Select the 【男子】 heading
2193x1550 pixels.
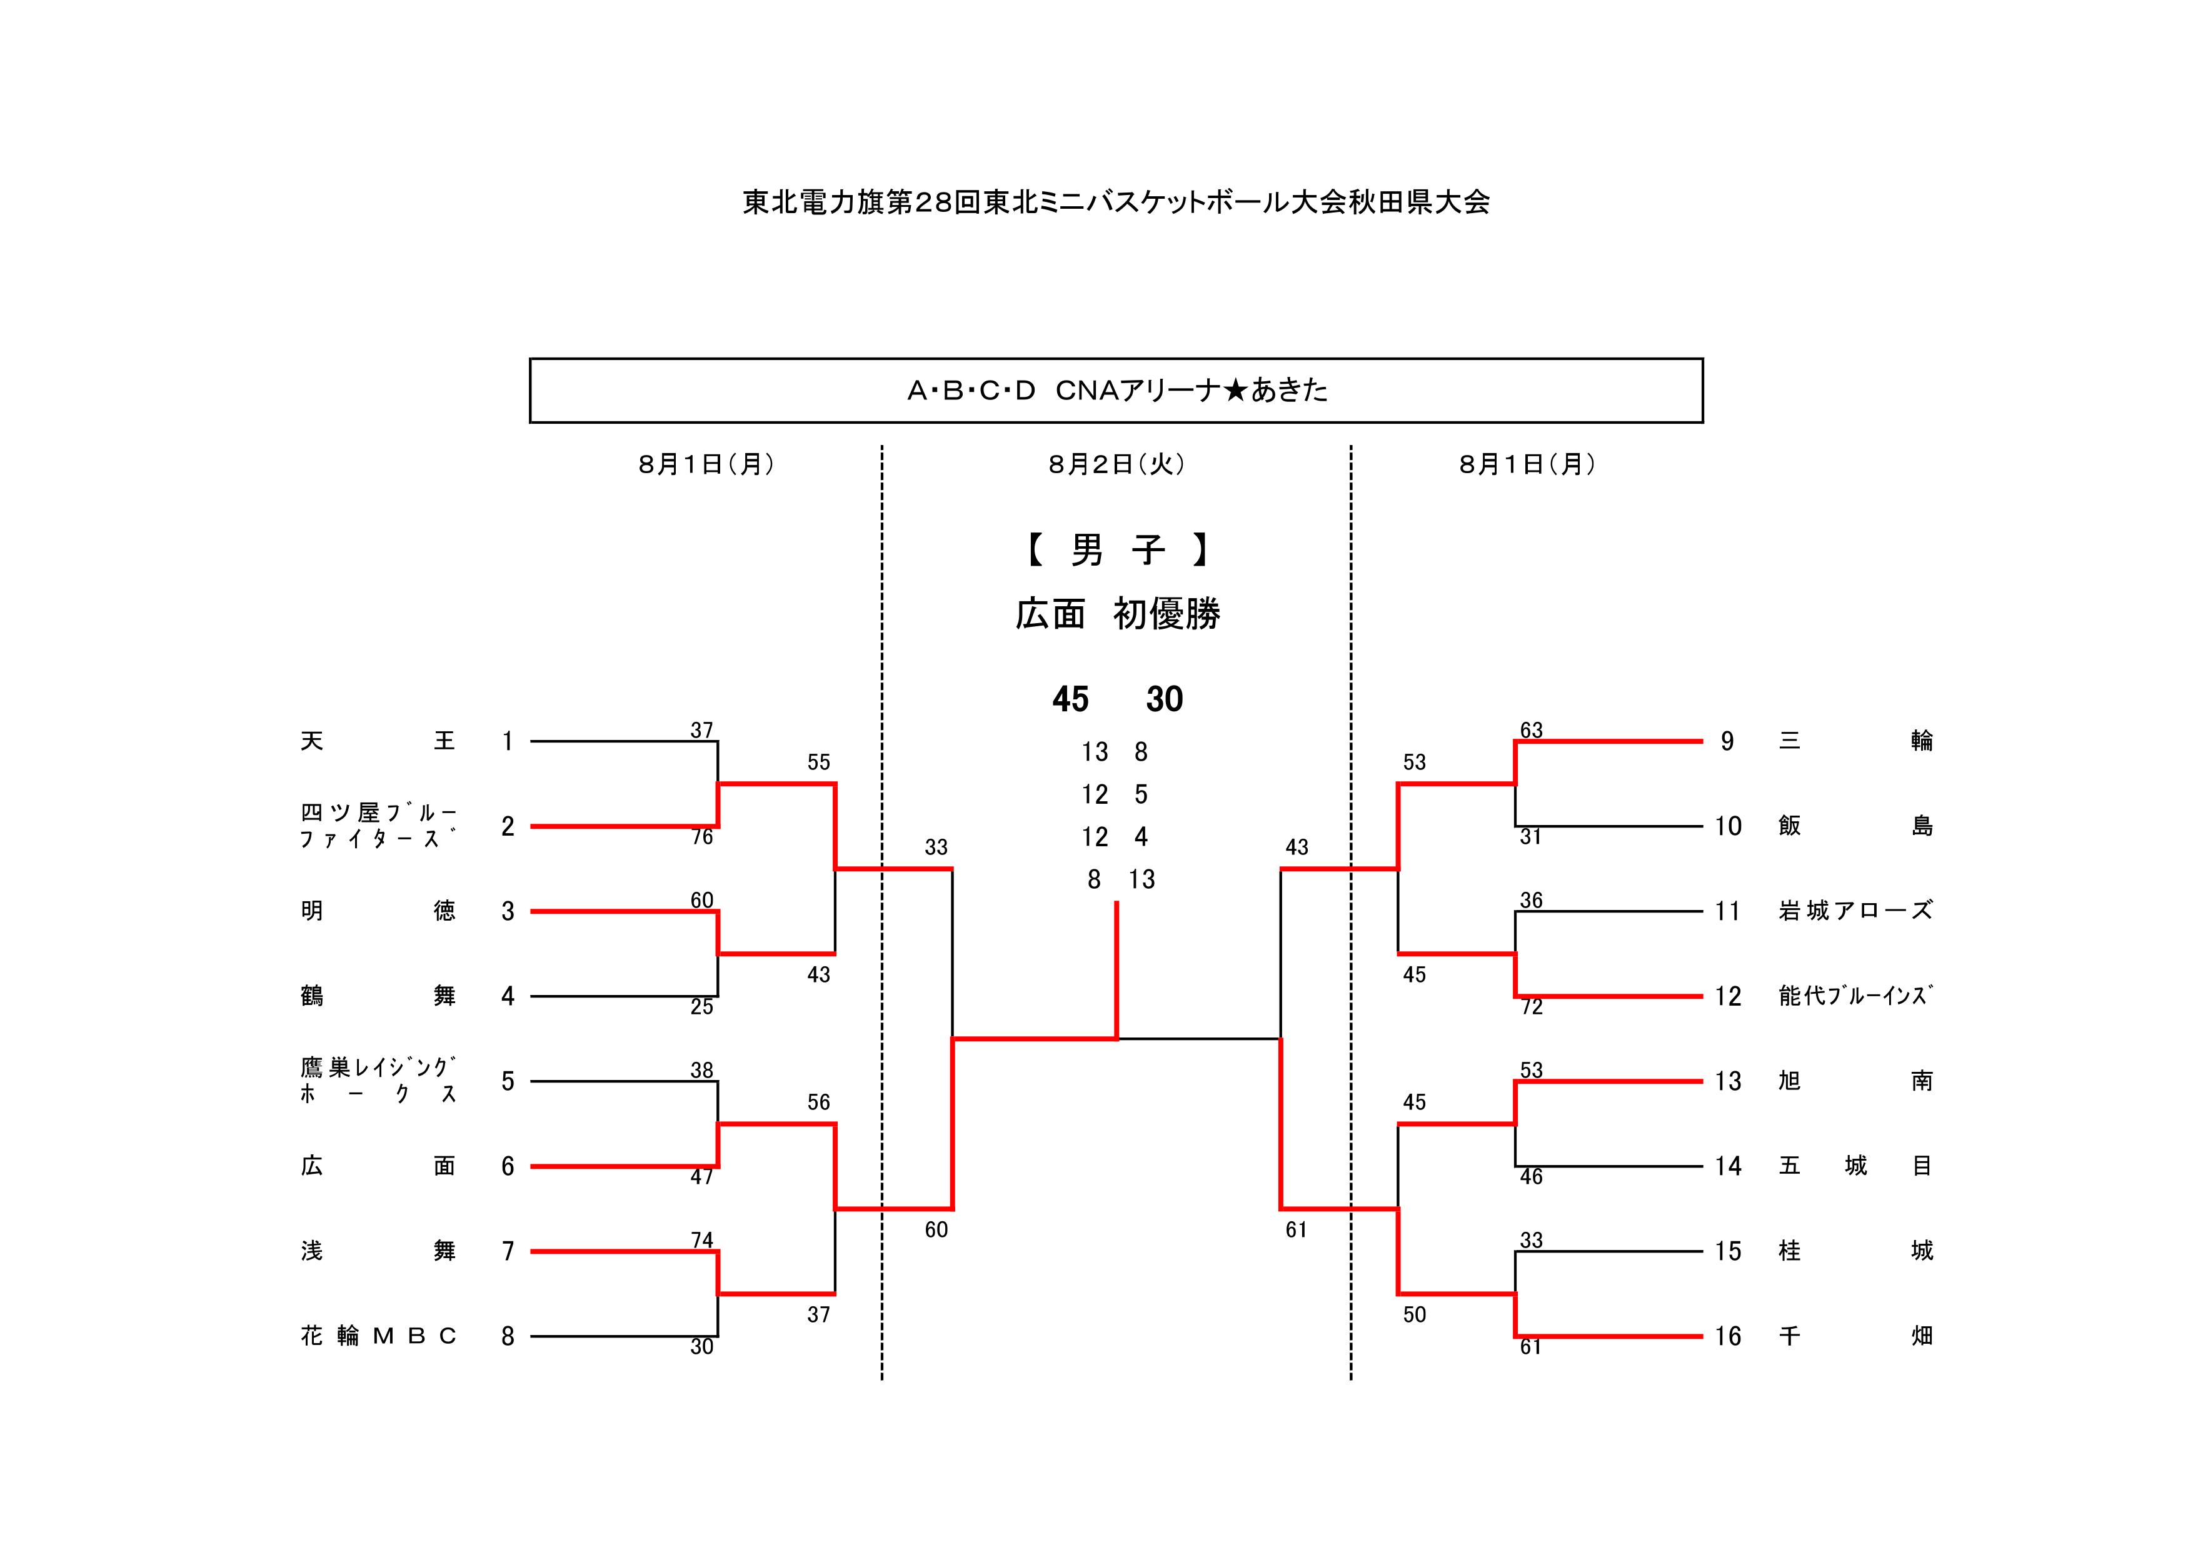(1116, 550)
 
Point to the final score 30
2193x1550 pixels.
(1164, 700)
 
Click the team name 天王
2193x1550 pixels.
(378, 741)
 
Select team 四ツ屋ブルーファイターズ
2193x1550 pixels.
(378, 826)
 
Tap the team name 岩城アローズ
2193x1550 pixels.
(1855, 911)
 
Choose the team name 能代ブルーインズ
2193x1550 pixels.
(1855, 996)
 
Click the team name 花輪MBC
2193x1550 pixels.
(378, 1336)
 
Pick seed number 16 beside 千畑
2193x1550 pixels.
(1727, 1336)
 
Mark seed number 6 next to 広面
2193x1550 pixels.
(508, 1166)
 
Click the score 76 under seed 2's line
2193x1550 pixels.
(702, 837)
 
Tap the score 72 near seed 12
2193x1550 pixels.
(1531, 1007)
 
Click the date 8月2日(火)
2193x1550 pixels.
(1116, 465)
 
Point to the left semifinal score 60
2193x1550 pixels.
(936, 1230)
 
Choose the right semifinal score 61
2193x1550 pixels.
(1296, 1230)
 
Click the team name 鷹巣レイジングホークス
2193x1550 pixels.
(378, 1081)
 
